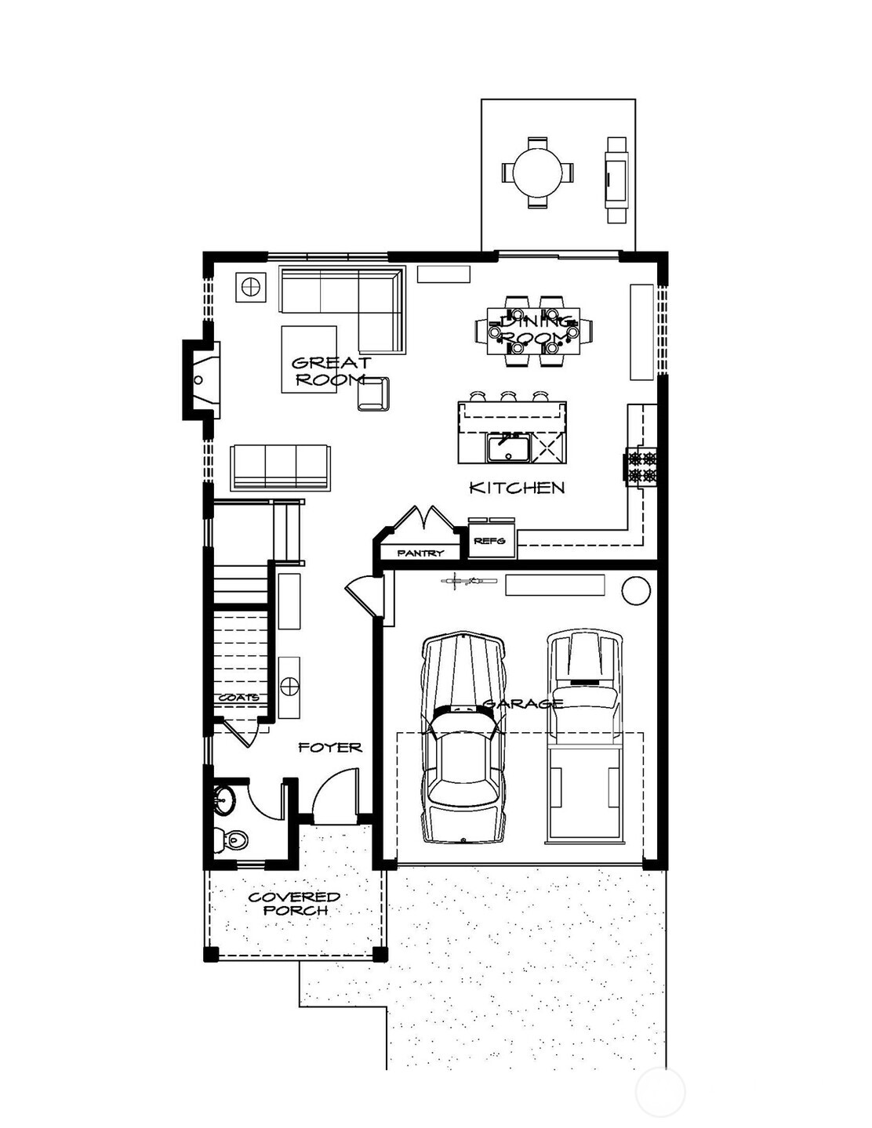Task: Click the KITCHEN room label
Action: click(x=517, y=488)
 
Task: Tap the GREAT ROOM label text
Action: click(x=330, y=371)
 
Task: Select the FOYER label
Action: click(x=330, y=748)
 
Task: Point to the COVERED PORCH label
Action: click(x=294, y=903)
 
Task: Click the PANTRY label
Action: click(x=420, y=553)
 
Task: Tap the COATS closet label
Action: click(x=238, y=697)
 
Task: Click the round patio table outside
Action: click(x=537, y=172)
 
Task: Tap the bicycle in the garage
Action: click(x=469, y=582)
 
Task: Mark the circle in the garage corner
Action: click(x=636, y=589)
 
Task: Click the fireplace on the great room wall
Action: click(x=199, y=380)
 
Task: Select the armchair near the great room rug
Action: click(x=373, y=394)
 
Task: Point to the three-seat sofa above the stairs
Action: click(x=280, y=466)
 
